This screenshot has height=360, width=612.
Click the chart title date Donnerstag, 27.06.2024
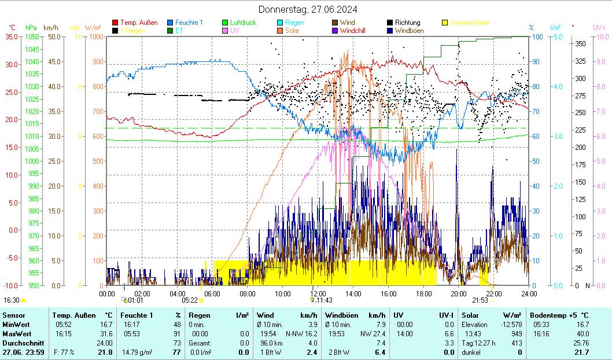[x=307, y=9]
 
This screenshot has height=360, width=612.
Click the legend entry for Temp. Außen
[x=139, y=23]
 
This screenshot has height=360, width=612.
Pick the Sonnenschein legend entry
[x=469, y=23]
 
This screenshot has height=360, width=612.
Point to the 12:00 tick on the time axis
[x=318, y=293]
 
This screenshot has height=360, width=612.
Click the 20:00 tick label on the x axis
[x=459, y=293]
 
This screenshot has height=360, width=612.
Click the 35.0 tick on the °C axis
[x=11, y=36]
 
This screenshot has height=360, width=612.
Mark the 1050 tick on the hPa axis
[x=32, y=36]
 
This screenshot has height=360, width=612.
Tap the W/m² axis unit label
[x=93, y=27]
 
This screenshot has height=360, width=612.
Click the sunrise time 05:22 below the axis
[x=190, y=300]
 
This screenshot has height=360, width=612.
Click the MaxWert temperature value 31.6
[x=106, y=333]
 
